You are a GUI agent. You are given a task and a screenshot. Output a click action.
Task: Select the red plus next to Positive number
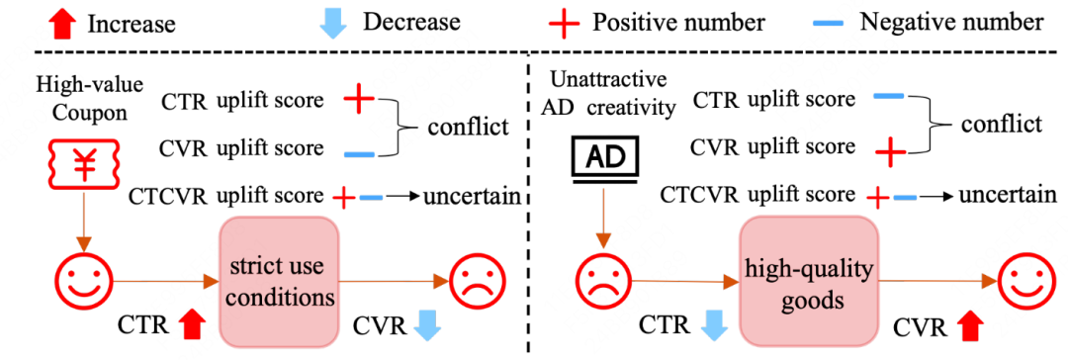[x=566, y=23]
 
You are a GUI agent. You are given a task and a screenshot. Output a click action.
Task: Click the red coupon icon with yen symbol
[x=83, y=163]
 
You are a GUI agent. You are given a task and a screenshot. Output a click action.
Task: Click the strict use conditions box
[x=279, y=281]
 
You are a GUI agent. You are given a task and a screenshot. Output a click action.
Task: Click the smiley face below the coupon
[x=83, y=280]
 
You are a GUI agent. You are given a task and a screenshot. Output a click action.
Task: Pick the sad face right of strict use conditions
[x=477, y=280]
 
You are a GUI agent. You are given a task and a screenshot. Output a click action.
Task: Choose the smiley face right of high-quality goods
[x=1025, y=280]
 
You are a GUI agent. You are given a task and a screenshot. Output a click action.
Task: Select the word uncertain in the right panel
[x=1004, y=196]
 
